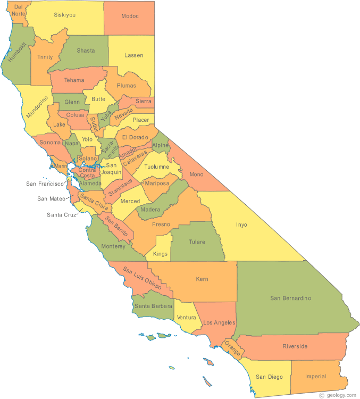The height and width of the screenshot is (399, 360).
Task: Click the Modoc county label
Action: [130, 16]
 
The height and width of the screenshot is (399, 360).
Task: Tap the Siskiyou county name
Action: [64, 15]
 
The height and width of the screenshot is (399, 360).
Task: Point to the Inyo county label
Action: [241, 225]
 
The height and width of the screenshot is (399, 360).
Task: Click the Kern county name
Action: [202, 279]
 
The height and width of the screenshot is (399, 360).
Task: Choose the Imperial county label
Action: [315, 377]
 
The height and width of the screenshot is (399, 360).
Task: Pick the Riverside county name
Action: [295, 346]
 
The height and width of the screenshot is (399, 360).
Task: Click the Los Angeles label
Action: [216, 323]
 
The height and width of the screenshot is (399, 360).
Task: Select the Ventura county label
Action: [187, 318]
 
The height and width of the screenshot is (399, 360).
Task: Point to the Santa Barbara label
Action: [153, 306]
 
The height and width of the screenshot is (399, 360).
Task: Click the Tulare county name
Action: [197, 242]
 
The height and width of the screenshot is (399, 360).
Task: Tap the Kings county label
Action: [160, 254]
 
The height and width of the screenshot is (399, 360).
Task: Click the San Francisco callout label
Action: [45, 184]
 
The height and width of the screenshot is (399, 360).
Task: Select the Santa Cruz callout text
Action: [62, 215]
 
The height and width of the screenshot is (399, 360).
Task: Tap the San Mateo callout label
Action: [51, 199]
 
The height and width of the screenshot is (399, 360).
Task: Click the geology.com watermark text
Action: [341, 395]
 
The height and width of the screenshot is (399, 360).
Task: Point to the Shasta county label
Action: [86, 51]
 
